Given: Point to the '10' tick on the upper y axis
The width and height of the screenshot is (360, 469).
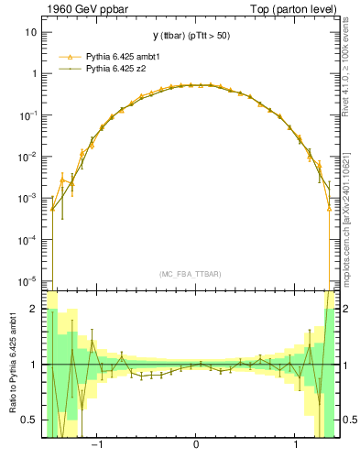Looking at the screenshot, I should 31,32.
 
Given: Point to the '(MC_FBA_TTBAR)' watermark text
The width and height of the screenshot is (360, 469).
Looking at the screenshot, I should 196,274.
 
